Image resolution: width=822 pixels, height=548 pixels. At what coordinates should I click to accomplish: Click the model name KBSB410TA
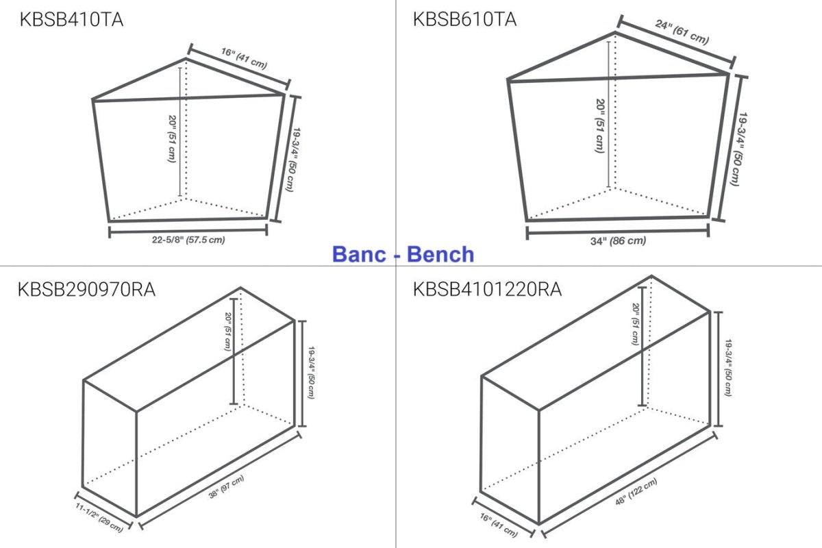pos(71,19)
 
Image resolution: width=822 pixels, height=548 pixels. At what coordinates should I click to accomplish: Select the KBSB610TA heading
pos(465,19)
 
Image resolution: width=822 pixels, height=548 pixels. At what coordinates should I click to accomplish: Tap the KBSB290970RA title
pos(86,290)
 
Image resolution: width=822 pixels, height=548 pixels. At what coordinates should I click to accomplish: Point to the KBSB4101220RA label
pos(487,290)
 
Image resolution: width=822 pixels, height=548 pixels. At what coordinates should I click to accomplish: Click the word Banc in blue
pos(359,254)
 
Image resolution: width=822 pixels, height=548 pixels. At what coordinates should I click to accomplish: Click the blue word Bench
pos(440,254)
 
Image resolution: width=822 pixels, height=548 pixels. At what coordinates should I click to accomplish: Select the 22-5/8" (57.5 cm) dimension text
pos(188,240)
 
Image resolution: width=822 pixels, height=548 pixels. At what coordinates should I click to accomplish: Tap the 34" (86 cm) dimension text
pos(618,241)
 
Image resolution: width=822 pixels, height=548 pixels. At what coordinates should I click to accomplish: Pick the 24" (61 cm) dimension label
pos(682,32)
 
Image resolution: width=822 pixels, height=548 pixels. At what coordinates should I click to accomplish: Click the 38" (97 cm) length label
pos(226,487)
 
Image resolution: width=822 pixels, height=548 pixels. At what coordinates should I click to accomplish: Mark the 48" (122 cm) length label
pos(636,491)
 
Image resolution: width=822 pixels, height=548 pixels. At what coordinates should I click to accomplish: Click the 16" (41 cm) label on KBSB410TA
pos(244,58)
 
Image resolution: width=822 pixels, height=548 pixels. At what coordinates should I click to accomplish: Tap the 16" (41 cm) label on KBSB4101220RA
pos(499,525)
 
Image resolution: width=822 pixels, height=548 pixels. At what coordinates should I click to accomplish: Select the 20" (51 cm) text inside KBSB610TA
pos(599,126)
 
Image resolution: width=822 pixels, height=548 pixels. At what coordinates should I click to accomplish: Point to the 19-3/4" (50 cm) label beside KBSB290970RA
pos(311,372)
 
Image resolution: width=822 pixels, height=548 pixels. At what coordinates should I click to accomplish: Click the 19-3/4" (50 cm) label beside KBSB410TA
pos(294,160)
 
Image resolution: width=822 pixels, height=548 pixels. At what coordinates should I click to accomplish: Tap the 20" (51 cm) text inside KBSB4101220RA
pos(636,324)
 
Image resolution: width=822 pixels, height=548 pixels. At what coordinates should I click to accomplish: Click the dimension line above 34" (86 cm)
pos(618,232)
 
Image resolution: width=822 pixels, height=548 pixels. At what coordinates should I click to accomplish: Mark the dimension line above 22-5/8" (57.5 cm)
pos(188,232)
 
